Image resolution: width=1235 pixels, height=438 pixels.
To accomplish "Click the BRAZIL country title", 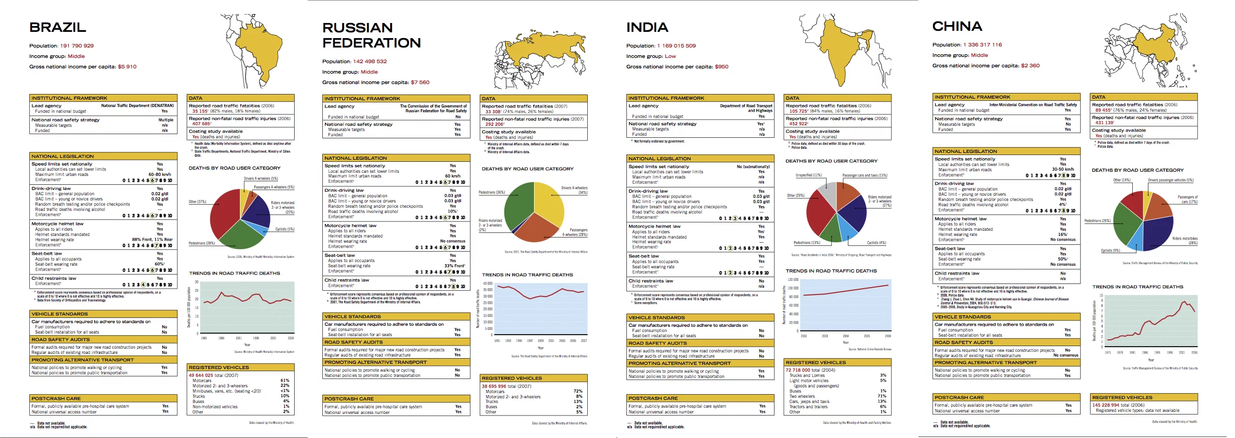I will (57, 27).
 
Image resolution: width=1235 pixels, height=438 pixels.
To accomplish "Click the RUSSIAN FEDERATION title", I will (371, 35).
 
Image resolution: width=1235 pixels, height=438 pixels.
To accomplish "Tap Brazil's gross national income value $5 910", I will (127, 67).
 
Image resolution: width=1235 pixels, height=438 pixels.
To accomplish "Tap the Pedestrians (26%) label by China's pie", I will (1097, 221).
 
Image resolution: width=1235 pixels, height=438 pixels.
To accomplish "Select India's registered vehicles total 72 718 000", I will (797, 370).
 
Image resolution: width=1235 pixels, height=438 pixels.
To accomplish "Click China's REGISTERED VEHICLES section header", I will (1122, 398).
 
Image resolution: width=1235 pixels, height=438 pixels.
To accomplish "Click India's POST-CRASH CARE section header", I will (652, 398).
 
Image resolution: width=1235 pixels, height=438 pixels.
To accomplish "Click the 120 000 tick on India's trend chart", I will (793, 280).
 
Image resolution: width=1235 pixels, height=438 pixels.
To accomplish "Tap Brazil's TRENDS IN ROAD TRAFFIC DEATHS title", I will (234, 274).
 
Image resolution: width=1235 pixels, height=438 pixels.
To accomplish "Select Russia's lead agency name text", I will (433, 109).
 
